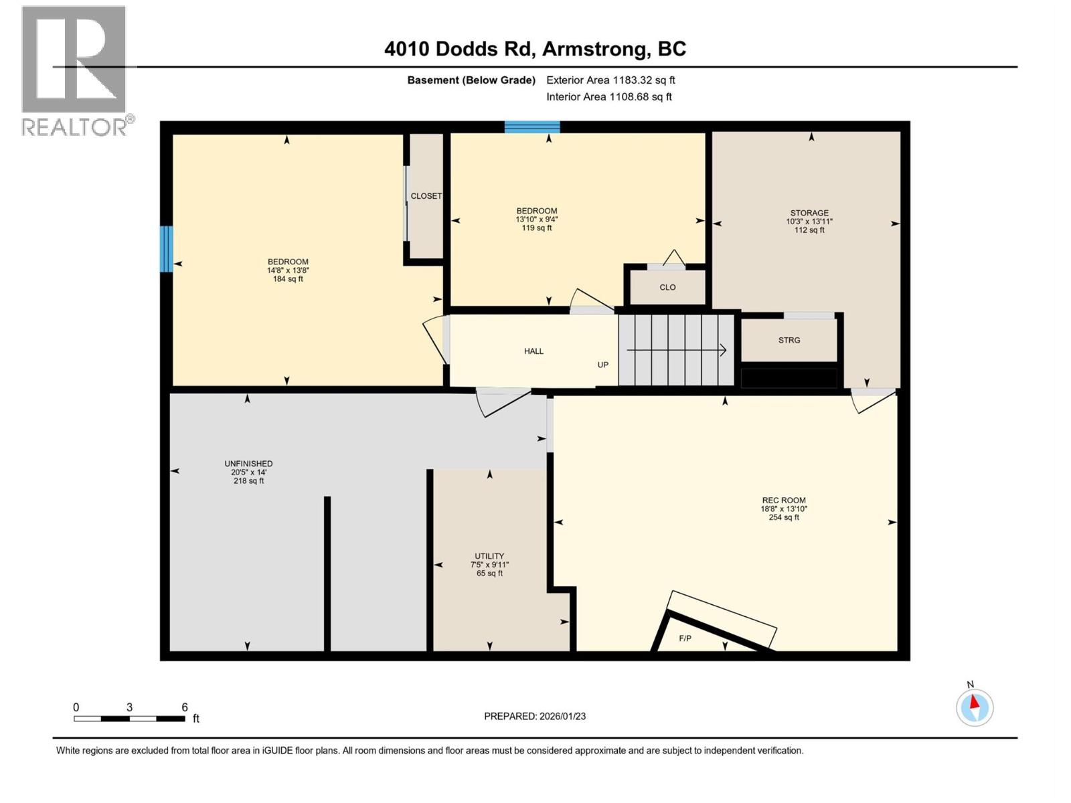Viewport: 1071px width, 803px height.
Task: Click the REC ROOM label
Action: tap(783, 501)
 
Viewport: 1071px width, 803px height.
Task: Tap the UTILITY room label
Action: tap(489, 556)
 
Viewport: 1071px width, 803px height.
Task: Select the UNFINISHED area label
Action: tap(248, 464)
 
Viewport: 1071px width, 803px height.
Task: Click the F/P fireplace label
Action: tap(685, 638)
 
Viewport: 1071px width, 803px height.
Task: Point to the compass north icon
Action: tap(975, 707)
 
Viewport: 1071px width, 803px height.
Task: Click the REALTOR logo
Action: tap(74, 70)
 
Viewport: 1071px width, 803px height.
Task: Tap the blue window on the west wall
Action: tap(166, 249)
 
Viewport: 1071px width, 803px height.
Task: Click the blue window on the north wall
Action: tap(532, 127)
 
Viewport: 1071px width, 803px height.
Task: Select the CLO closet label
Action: tap(667, 287)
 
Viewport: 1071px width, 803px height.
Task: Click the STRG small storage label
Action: tap(789, 340)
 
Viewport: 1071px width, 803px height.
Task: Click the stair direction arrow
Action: tap(676, 350)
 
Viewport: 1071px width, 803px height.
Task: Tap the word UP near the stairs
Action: tap(603, 365)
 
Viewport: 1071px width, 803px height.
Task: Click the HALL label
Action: tap(533, 351)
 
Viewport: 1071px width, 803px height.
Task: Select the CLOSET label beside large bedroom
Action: tap(426, 196)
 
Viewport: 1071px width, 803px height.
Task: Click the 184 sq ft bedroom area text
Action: tap(288, 279)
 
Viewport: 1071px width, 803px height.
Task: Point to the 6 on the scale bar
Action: tap(185, 707)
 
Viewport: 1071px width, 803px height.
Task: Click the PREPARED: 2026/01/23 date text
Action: tap(535, 716)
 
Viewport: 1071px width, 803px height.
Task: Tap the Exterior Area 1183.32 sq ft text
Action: tap(610, 80)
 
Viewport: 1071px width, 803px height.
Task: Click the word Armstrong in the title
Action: tap(595, 49)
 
